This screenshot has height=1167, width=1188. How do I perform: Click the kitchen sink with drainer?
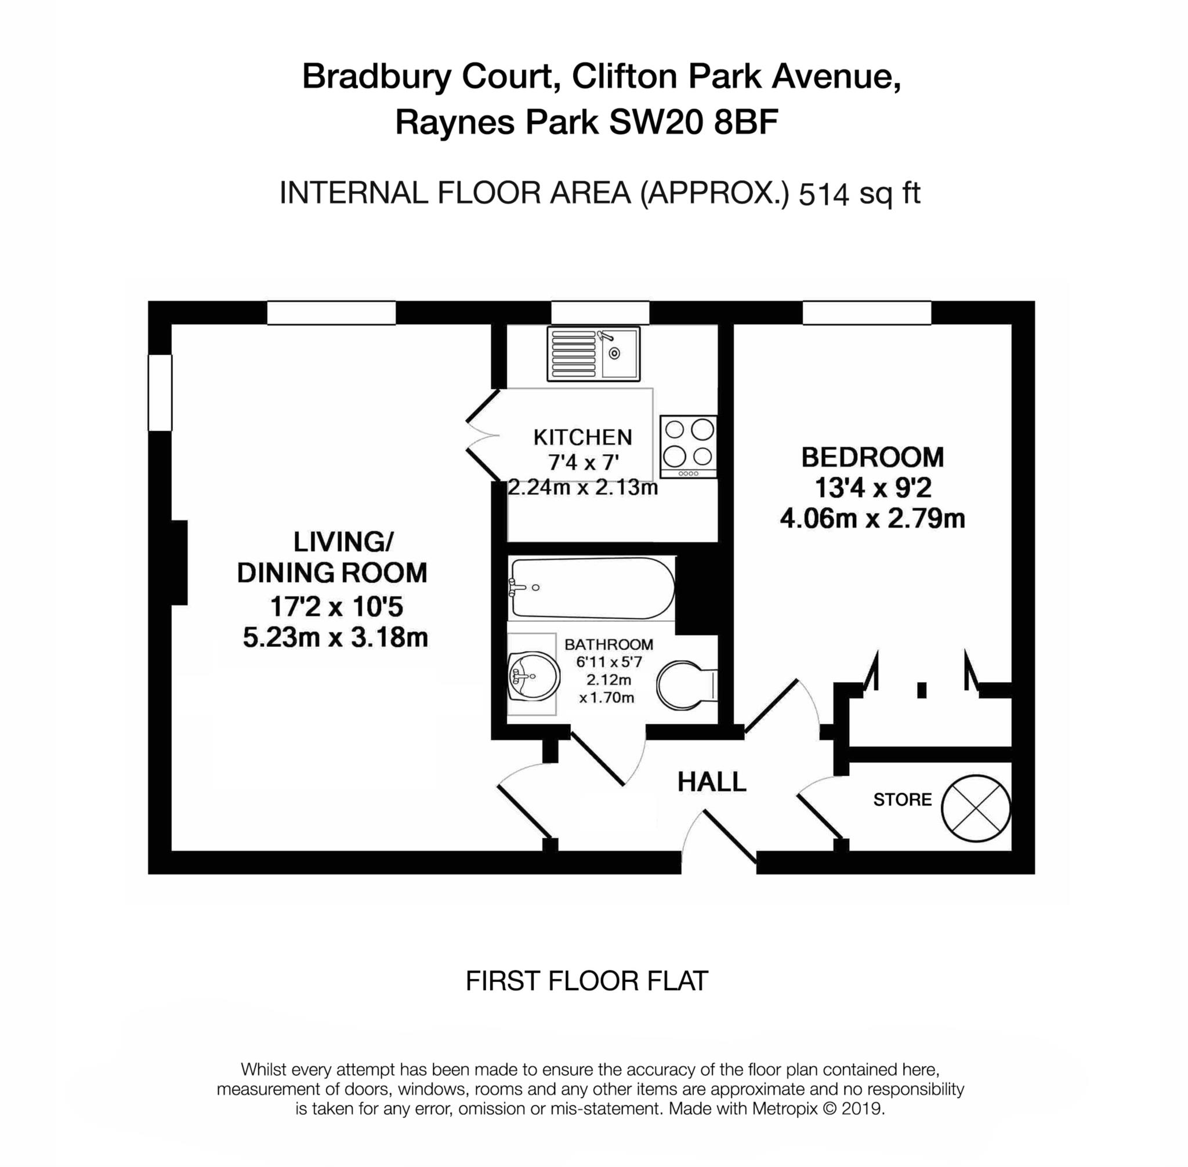593,353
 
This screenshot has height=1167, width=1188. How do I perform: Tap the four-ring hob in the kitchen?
688,447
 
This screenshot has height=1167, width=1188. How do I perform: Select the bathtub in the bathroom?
592,588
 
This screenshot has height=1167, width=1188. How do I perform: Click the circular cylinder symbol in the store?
975,807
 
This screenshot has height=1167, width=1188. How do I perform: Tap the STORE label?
901,800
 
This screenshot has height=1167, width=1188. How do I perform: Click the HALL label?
711,782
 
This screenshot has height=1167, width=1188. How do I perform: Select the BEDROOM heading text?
872,458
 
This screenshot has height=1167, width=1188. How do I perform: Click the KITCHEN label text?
582,437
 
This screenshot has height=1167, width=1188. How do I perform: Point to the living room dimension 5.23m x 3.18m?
335,638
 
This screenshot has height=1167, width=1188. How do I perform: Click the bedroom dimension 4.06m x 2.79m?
872,519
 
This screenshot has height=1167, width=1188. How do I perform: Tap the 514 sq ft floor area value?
860,194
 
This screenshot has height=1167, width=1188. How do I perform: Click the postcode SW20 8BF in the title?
693,122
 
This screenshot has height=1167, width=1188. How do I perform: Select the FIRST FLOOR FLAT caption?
586,981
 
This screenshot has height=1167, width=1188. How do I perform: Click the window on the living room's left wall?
160,393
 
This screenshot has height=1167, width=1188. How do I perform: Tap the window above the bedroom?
867,313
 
